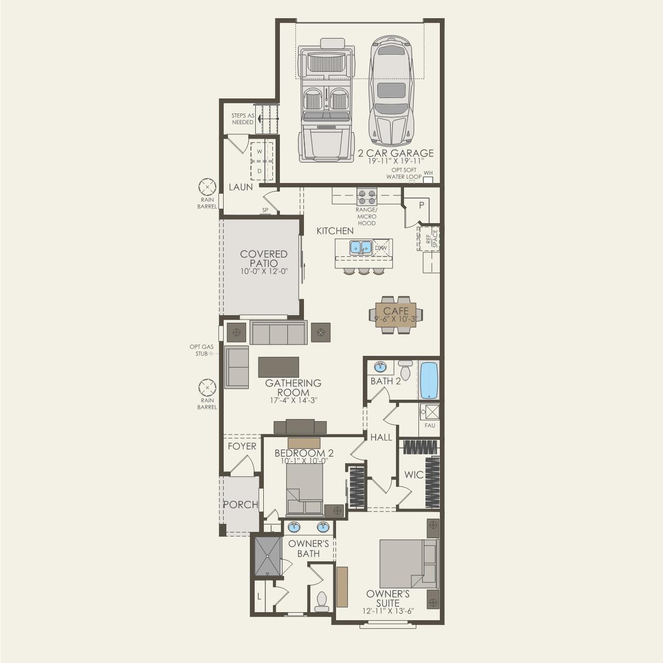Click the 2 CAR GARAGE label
pos(396,153)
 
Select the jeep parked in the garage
pos(326,100)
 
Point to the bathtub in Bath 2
pos(429,380)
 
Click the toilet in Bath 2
pos(405,369)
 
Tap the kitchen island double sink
pos(361,247)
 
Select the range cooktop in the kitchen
pos(367,196)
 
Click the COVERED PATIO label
pos(264,258)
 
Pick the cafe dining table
pos(396,315)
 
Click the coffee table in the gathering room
pos(278,367)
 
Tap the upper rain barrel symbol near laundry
pos(207,187)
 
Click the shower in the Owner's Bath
pos(268,556)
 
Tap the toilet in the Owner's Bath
pos(322,601)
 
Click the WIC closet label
pos(414,475)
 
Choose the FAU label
pos(430,425)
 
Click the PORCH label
pos(241,504)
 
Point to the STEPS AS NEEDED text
pos(242,119)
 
